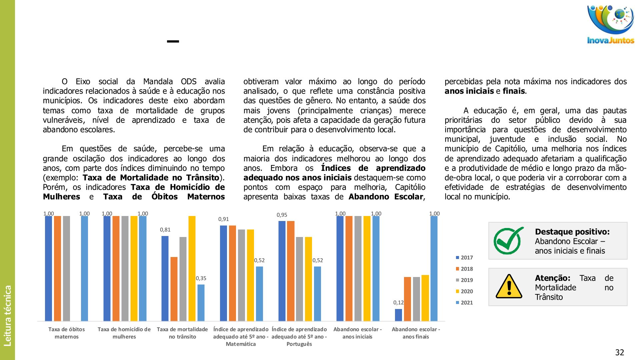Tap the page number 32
pos(619,352)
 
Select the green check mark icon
pos(508,241)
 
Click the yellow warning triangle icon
pos(509,286)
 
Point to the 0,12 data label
pos(398,303)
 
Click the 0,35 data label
pos(201,278)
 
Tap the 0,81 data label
pos(165,230)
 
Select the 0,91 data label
pos(223,219)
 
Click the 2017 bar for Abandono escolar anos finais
pos(398,315)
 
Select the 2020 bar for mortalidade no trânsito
pos(192,268)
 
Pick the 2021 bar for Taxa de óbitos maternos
pos(85,268)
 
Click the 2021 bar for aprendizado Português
pos(317,293)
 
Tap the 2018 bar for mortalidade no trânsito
pos(174,289)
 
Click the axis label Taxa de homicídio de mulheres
pos(124,333)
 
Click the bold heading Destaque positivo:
pos(572,232)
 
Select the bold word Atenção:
pos(552,278)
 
